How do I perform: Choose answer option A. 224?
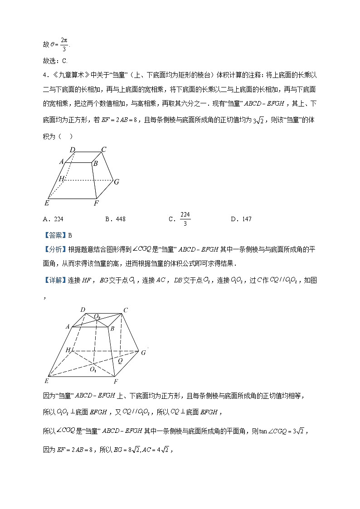pyautogui.click(x=53, y=219)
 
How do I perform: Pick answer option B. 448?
pyautogui.click(x=115, y=219)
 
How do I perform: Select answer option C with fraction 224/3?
pyautogui.click(x=179, y=219)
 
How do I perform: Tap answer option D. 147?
pyautogui.click(x=241, y=219)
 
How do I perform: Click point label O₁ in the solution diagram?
pyautogui.click(x=93, y=369)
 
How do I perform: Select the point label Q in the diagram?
pyautogui.click(x=121, y=361)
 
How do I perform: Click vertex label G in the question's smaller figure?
pyautogui.click(x=117, y=182)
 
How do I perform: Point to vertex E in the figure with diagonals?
pyautogui.click(x=46, y=380)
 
